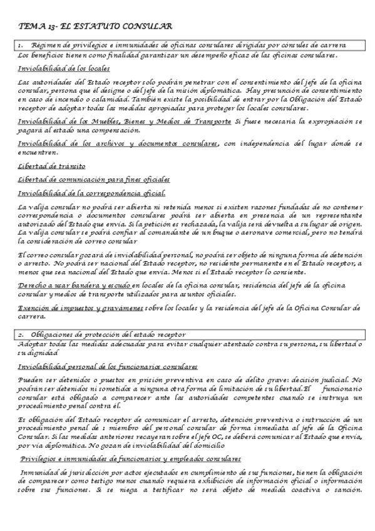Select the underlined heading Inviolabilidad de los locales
[x=64, y=69]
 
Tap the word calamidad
[x=93, y=99]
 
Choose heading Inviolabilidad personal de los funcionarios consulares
[x=108, y=366]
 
